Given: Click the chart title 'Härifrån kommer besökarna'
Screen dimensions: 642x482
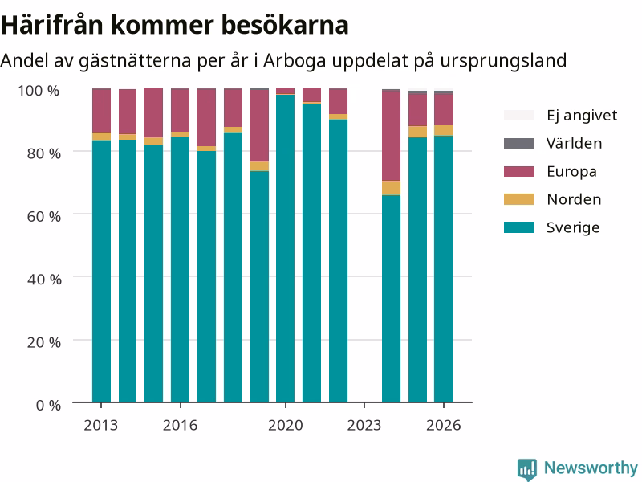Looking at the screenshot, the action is point(175,25).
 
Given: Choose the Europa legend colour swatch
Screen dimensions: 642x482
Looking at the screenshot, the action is point(518,171).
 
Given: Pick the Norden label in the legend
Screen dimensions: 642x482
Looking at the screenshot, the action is point(574,199).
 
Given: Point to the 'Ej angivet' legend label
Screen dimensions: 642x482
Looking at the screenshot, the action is point(582,116).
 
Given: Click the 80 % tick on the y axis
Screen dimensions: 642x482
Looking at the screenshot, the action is point(44,153).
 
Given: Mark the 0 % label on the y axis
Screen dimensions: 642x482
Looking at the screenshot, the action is point(48,406).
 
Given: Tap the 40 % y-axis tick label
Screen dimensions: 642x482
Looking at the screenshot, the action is point(44,280).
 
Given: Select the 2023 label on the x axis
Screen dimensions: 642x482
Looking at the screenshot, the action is point(364,426).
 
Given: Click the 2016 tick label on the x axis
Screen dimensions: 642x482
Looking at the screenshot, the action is point(180,426).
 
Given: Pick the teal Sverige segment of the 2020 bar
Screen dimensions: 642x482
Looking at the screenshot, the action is point(286,248).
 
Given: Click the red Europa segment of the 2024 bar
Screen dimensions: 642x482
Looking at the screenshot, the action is point(391,136).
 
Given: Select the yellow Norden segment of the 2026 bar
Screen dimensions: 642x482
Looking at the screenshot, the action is point(444,130).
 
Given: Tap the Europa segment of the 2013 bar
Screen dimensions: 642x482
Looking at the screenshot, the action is point(101,111).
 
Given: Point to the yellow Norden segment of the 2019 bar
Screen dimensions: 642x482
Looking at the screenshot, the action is point(259,166).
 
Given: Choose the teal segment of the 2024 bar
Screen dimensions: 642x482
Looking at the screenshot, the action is point(391,299).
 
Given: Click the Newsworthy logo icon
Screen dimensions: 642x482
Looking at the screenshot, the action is point(527,468).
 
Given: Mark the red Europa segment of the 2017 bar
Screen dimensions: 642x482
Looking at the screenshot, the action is point(206,117).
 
